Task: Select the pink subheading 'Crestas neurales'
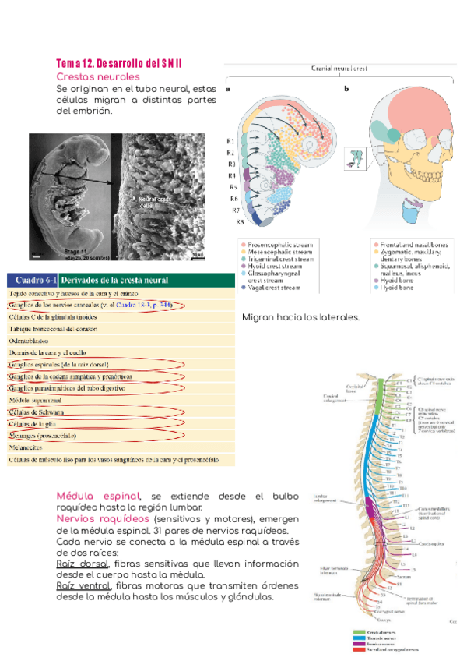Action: coord(98,76)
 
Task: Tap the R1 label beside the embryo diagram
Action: coord(231,141)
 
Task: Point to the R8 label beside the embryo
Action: coord(241,222)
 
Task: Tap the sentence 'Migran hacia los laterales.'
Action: coord(300,317)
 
